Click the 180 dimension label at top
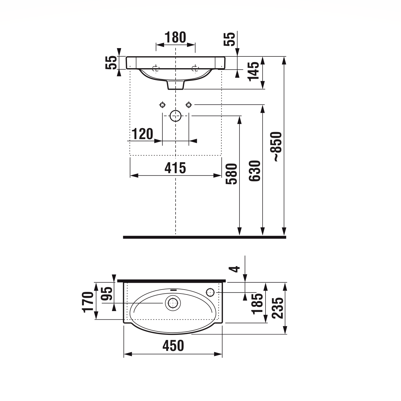175,38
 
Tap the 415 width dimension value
175,168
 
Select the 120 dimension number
142,134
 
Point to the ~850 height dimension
277,147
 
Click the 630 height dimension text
255,171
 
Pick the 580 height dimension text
231,174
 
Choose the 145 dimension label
253,71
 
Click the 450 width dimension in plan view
173,346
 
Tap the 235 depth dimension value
278,308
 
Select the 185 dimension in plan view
257,304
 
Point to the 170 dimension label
88,302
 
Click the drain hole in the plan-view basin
173,303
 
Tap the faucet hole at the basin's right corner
210,292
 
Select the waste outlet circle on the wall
176,116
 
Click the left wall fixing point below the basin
162,105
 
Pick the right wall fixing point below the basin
188,105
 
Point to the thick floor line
205,237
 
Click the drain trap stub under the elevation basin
175,85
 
